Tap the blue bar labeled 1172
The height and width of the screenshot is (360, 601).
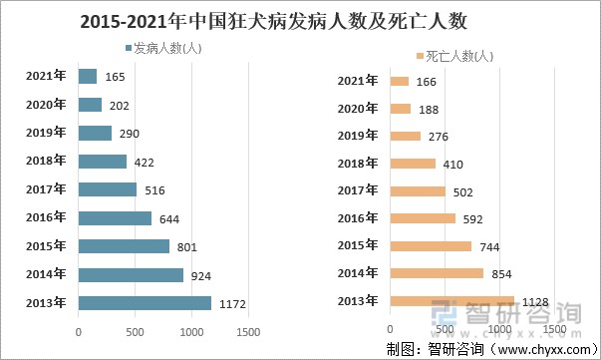(x=145, y=303)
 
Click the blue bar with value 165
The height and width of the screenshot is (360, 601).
(x=88, y=76)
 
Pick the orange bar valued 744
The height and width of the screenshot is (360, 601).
(x=431, y=246)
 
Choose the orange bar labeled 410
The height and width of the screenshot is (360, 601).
(x=414, y=164)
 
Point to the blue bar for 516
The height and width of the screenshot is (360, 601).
(x=108, y=189)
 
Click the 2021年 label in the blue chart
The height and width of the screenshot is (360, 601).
(x=46, y=76)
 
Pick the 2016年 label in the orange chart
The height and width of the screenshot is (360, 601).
(x=358, y=218)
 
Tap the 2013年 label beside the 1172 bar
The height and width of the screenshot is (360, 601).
(x=46, y=303)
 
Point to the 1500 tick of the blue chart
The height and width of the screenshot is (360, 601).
(x=248, y=331)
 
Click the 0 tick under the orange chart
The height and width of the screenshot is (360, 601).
(x=391, y=329)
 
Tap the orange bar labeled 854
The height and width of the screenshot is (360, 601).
(x=437, y=273)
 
